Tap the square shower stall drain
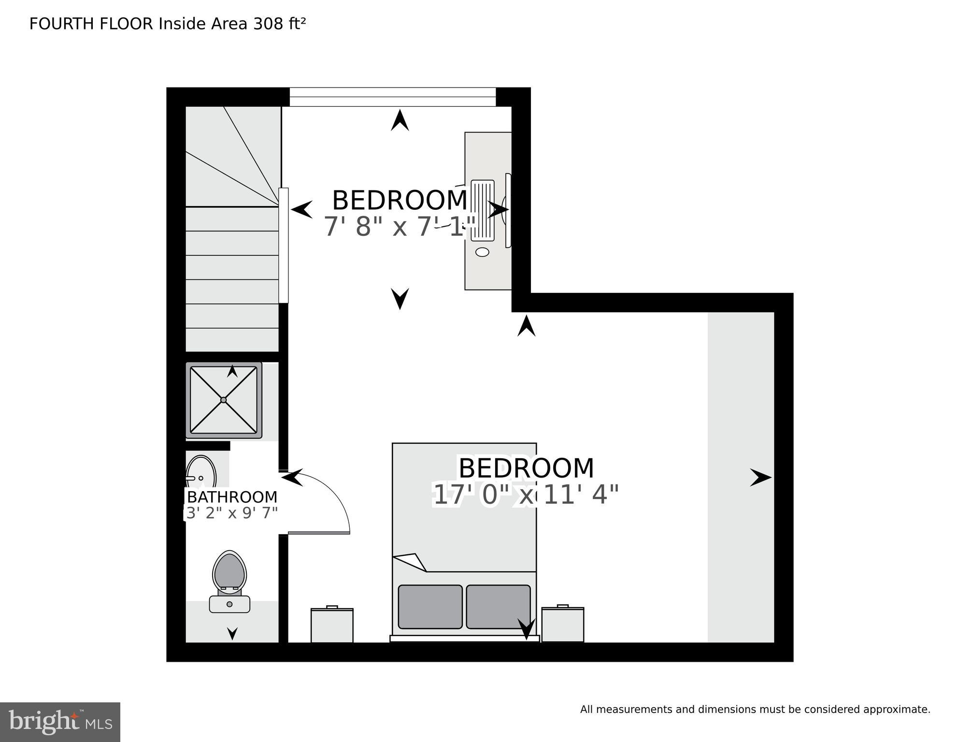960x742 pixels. point(223,400)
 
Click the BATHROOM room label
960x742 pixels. point(232,497)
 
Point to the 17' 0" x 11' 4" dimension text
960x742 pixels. point(526,495)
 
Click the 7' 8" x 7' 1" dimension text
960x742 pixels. point(399,226)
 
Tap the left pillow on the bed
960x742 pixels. point(430,607)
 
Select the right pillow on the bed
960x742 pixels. point(498,607)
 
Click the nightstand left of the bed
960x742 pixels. point(332,625)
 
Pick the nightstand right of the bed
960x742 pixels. point(562,624)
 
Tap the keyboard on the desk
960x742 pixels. point(482,211)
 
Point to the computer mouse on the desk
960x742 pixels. point(482,252)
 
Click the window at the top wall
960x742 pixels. point(392,97)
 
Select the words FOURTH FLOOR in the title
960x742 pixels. point(91,24)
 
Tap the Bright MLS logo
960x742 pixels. point(60,722)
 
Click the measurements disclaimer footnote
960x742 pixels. point(755,710)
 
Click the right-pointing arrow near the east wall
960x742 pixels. point(760,478)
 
